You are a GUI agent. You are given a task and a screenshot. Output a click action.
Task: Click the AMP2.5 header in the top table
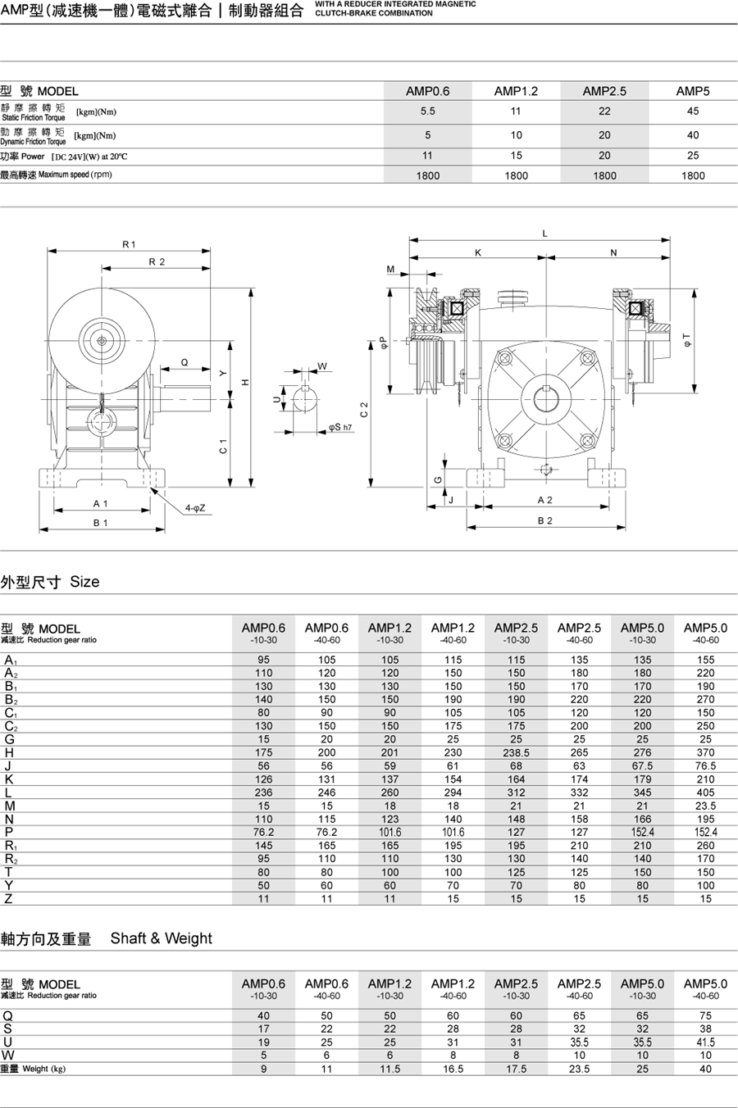604,91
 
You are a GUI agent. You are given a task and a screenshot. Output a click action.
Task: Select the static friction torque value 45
693,111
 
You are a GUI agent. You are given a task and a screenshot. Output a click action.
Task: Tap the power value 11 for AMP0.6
427,155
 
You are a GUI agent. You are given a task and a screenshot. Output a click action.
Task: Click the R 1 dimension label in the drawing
129,244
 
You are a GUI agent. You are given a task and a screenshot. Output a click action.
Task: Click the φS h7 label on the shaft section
340,427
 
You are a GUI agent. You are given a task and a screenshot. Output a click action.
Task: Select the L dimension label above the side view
544,234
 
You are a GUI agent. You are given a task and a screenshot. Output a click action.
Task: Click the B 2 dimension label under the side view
544,520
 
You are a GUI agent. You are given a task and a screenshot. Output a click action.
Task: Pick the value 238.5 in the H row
516,752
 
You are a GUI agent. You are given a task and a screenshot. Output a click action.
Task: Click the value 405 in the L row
705,792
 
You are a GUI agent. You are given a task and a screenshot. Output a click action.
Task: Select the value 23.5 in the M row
705,806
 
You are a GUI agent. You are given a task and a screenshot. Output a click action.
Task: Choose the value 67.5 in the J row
642,766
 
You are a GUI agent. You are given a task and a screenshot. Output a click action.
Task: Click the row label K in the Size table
9,779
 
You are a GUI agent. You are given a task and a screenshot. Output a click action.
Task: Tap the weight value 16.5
453,1069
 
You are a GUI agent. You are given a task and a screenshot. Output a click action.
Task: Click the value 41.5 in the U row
705,1042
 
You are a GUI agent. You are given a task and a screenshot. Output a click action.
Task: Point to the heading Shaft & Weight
161,938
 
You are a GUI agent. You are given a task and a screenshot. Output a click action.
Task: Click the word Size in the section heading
84,582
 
